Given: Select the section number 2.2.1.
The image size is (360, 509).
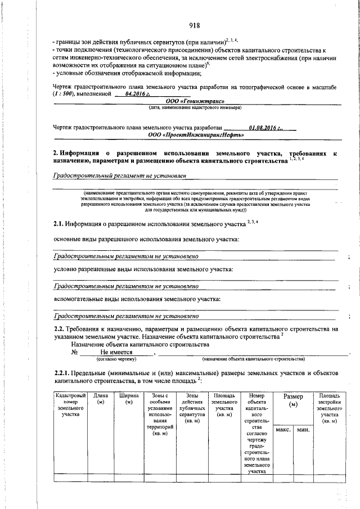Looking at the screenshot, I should tap(62, 373).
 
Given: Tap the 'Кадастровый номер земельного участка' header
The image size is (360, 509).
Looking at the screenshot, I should tap(70, 405).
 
